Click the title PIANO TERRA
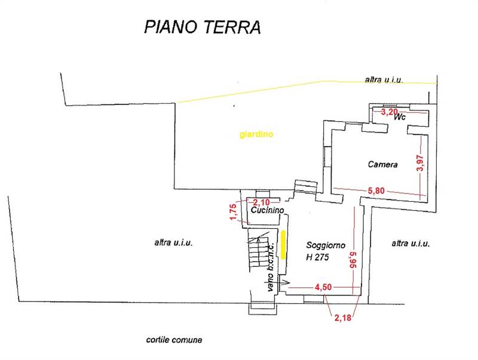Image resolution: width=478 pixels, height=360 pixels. pos(203,27)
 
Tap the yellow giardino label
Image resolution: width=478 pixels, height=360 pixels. pos(256,135)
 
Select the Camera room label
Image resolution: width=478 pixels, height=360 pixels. pos(383,164)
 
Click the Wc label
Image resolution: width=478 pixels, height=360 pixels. pos(400,118)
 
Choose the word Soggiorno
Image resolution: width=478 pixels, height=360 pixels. pos(326,245)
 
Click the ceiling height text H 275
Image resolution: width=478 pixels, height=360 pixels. pos(318,257)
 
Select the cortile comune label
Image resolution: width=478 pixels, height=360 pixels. pos(174,340)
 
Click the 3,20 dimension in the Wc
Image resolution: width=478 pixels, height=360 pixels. pos(390,111)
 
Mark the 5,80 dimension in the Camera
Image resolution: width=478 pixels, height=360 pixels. pos(376,190)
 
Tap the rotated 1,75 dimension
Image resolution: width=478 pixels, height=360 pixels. pos(233,212)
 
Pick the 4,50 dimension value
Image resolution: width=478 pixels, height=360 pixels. pos(323,287)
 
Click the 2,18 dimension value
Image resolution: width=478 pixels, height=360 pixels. pos(343,318)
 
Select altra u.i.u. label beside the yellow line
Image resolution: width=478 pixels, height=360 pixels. pos(384,79)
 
